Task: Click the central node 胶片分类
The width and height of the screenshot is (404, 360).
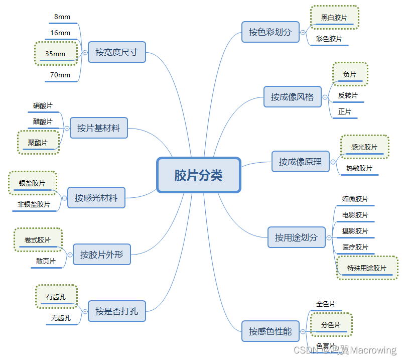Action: pyautogui.click(x=199, y=175)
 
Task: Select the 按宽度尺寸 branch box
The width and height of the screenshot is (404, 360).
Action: pyautogui.click(x=116, y=52)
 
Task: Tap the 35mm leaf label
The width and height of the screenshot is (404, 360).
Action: pyautogui.click(x=56, y=54)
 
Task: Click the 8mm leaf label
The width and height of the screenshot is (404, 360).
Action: pyautogui.click(x=62, y=17)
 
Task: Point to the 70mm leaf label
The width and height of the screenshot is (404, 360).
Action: pyautogui.click(x=60, y=75)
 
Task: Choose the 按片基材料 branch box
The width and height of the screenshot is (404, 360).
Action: pyautogui.click(x=98, y=128)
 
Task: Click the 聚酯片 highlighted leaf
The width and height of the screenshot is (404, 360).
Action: pyautogui.click(x=38, y=143)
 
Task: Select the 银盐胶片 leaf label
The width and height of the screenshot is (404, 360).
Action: pyautogui.click(x=32, y=184)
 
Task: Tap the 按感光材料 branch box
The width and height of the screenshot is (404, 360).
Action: pyautogui.click(x=96, y=197)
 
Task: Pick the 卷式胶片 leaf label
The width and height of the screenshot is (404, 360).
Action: pyautogui.click(x=38, y=241)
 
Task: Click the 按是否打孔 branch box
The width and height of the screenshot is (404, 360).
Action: pyautogui.click(x=116, y=311)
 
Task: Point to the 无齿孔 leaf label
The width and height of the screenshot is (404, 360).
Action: pyautogui.click(x=61, y=318)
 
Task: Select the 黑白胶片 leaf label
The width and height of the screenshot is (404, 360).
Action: pyautogui.click(x=334, y=18)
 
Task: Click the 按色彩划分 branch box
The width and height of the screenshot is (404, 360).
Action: pyautogui.click(x=270, y=32)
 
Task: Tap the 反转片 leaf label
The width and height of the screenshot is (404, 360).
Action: pyautogui.click(x=348, y=95)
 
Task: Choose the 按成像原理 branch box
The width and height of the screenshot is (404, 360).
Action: pyautogui.click(x=300, y=162)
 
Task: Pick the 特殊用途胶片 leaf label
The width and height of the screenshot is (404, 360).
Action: pyautogui.click(x=367, y=268)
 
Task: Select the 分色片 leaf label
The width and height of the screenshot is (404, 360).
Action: pyautogui.click(x=331, y=325)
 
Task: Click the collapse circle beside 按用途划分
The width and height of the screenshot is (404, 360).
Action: pyautogui.click(x=329, y=237)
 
